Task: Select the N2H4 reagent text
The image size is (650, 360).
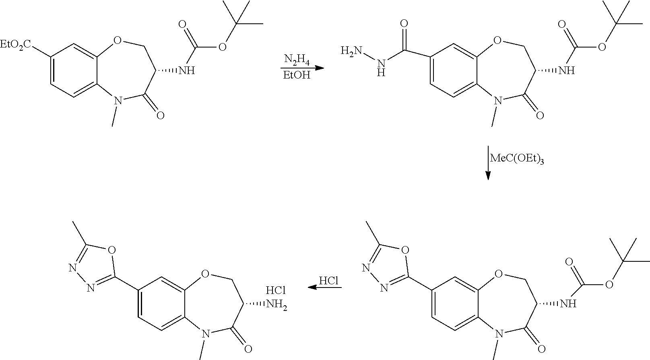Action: (x=297, y=60)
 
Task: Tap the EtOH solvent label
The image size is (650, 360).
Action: (x=297, y=75)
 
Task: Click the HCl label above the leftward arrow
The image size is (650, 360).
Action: (x=329, y=281)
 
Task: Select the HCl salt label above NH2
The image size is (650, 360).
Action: (x=276, y=290)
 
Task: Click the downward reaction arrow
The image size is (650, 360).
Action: (x=488, y=163)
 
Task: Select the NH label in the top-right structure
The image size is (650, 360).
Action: (x=566, y=71)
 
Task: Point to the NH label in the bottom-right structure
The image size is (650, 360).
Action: (x=567, y=303)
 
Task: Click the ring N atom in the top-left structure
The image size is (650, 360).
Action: (x=118, y=100)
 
